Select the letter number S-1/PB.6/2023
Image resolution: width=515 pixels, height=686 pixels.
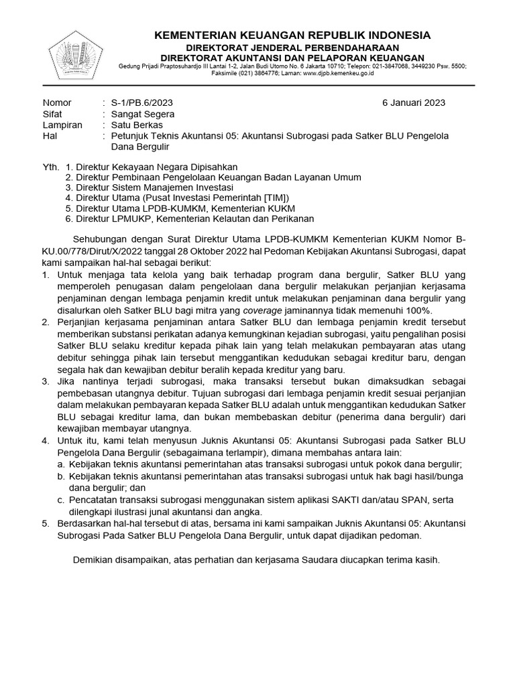[x=141, y=102]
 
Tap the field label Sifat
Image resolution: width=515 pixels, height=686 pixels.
[x=53, y=114]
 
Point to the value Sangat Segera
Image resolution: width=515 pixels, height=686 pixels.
[x=143, y=114]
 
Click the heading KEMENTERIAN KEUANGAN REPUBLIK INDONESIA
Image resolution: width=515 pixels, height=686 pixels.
[x=292, y=35]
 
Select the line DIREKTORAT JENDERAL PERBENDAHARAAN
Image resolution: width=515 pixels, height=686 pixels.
[x=292, y=47]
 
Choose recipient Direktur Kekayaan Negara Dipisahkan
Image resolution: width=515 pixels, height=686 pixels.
[x=156, y=166]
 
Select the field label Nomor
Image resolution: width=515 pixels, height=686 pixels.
[x=56, y=102]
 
